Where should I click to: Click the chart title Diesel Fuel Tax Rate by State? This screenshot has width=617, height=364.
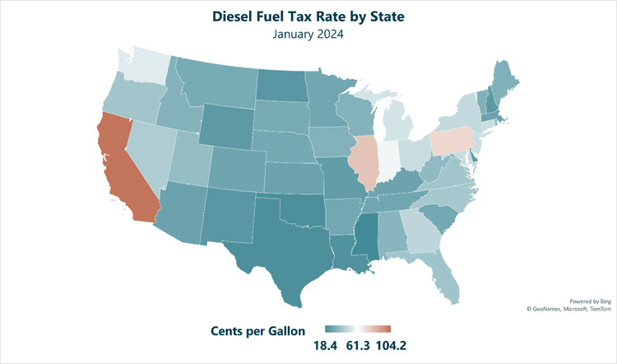(x=308, y=16)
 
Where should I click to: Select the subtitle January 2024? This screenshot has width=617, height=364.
(x=308, y=35)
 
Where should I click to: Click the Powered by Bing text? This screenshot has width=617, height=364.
(x=587, y=301)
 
